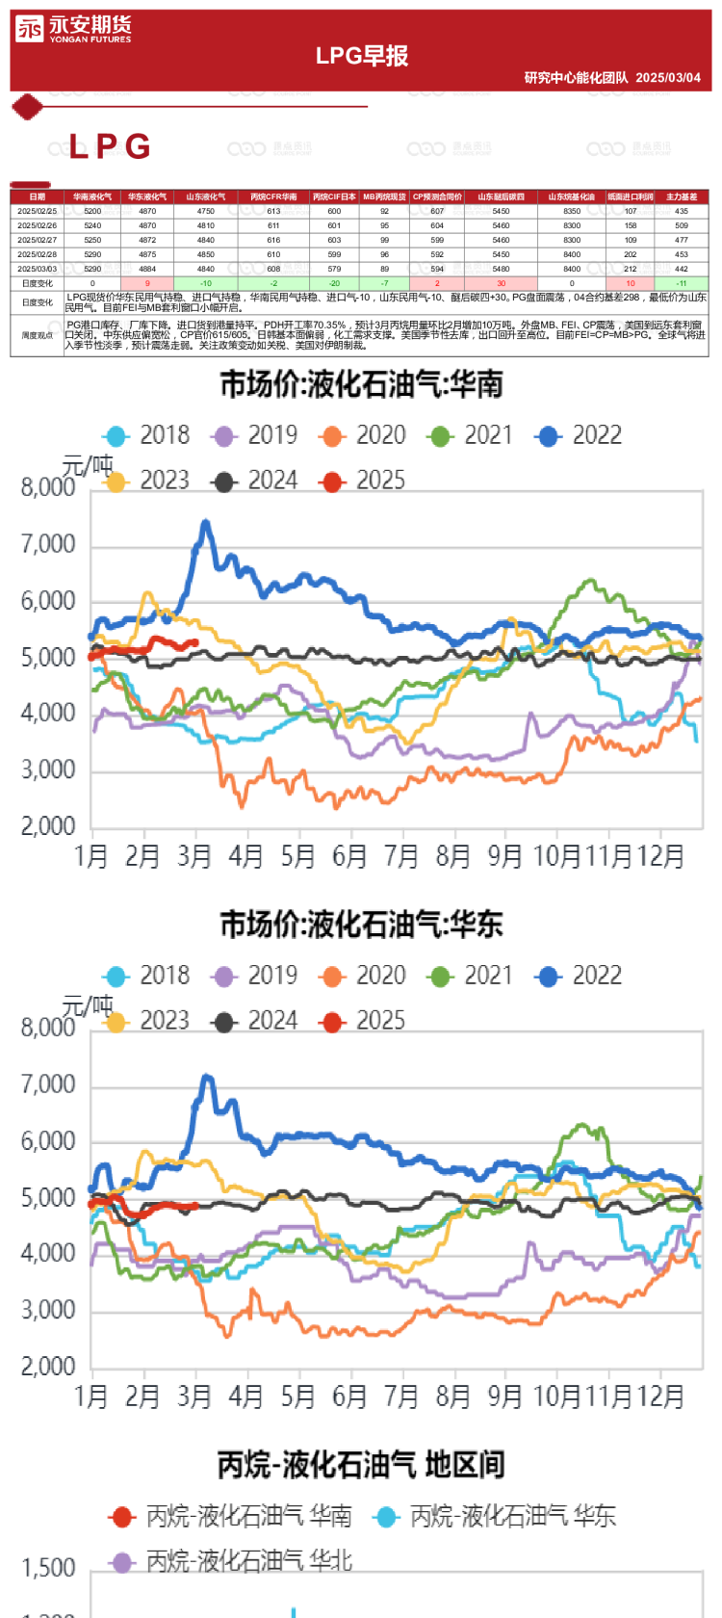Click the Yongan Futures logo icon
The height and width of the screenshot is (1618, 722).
pos(30,29)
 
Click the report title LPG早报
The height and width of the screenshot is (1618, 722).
pos(362,56)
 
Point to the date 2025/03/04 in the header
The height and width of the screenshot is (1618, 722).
pos(668,78)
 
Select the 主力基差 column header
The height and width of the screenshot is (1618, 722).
pos(682,196)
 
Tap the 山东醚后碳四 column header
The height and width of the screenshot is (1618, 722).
pos(501,196)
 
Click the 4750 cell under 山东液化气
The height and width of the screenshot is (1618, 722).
pos(206,211)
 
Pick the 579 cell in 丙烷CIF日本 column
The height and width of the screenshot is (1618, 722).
pos(334,269)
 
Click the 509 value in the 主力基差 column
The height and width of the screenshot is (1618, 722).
pos(682,225)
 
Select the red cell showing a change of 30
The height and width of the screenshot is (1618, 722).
pos(501,283)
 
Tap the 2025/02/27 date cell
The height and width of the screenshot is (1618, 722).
pos(37,240)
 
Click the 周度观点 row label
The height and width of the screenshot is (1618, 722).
pos(37,336)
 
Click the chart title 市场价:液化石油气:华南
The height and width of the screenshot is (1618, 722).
pos(362,385)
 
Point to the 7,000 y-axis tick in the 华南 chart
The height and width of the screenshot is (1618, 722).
pos(48,545)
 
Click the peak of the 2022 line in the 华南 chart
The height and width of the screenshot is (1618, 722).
pos(205,522)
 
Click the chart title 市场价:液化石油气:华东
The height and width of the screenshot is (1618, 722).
pos(362,926)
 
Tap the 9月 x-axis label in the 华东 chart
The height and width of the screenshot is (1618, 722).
pos(504,1396)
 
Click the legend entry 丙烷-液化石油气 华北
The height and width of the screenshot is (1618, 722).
pos(231,1561)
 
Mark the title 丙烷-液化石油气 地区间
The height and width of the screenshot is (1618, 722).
pos(362,1466)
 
